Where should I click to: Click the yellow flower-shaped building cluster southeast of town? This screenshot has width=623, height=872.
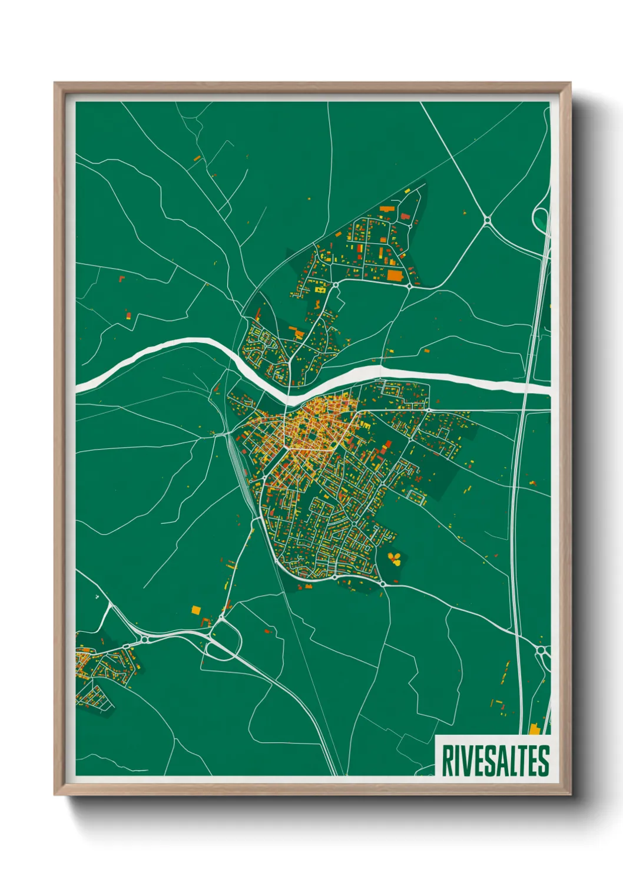(395, 558)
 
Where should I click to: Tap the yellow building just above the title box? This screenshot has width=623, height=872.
(534, 729)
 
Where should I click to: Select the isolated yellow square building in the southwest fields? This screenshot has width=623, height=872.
(195, 610)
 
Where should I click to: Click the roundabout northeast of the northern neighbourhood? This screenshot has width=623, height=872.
(487, 220)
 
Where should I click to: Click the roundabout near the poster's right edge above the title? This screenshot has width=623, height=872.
(542, 650)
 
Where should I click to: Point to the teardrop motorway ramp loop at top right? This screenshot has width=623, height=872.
(539, 219)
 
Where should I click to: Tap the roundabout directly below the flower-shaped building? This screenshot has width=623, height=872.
(383, 583)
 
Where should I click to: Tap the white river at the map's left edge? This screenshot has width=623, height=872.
(82, 385)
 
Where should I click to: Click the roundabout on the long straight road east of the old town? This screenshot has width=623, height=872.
(429, 409)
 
